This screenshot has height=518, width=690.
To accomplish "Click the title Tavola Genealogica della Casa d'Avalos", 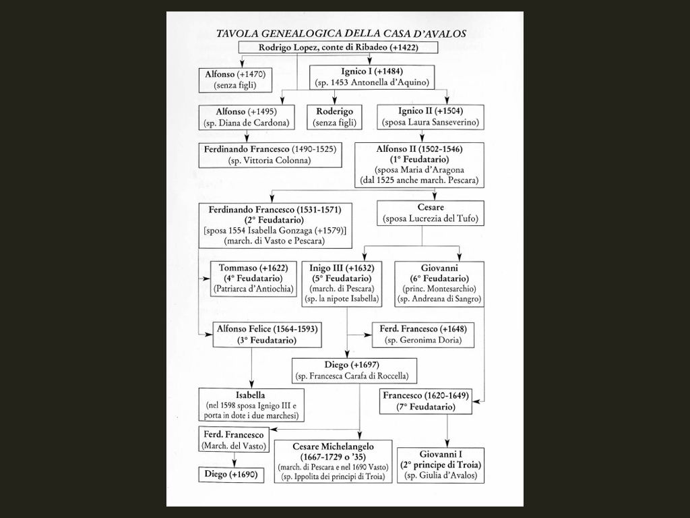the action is click(x=341, y=34).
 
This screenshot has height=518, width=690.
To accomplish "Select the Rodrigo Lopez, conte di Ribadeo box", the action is click(x=338, y=48).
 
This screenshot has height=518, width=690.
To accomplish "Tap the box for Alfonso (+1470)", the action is click(x=235, y=80).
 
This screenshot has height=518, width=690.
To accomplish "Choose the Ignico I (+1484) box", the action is click(x=372, y=77).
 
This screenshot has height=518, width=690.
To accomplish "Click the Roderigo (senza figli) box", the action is click(x=334, y=117).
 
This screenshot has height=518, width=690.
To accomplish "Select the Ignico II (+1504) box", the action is click(x=431, y=117).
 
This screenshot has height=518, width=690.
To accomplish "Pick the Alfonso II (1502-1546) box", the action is click(x=419, y=165).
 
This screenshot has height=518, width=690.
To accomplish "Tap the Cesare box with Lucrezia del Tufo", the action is click(x=431, y=213).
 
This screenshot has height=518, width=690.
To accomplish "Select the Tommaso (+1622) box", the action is click(x=253, y=279).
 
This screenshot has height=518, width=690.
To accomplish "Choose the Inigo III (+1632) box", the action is click(x=342, y=284).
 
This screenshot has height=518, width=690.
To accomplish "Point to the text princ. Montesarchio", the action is click(x=440, y=289).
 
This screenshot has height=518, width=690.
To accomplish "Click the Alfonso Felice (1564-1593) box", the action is click(x=267, y=335).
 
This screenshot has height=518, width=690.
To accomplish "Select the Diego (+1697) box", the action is click(x=354, y=370).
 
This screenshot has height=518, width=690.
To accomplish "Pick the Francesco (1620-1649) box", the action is click(x=426, y=401).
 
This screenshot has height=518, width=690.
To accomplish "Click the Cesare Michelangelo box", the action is click(x=333, y=461).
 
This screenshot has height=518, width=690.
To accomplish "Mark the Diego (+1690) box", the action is click(x=231, y=475).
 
